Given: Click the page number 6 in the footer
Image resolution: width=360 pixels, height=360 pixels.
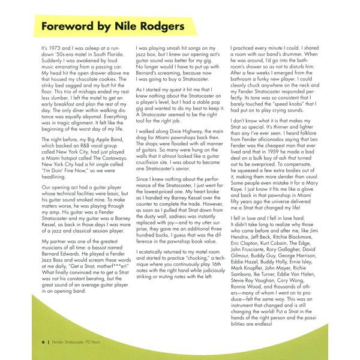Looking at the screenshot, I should click(43, 341).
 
